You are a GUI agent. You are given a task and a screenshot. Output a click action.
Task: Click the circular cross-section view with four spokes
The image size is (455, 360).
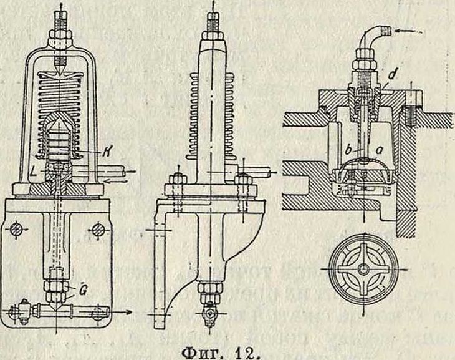pyautogui.click(x=362, y=270)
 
